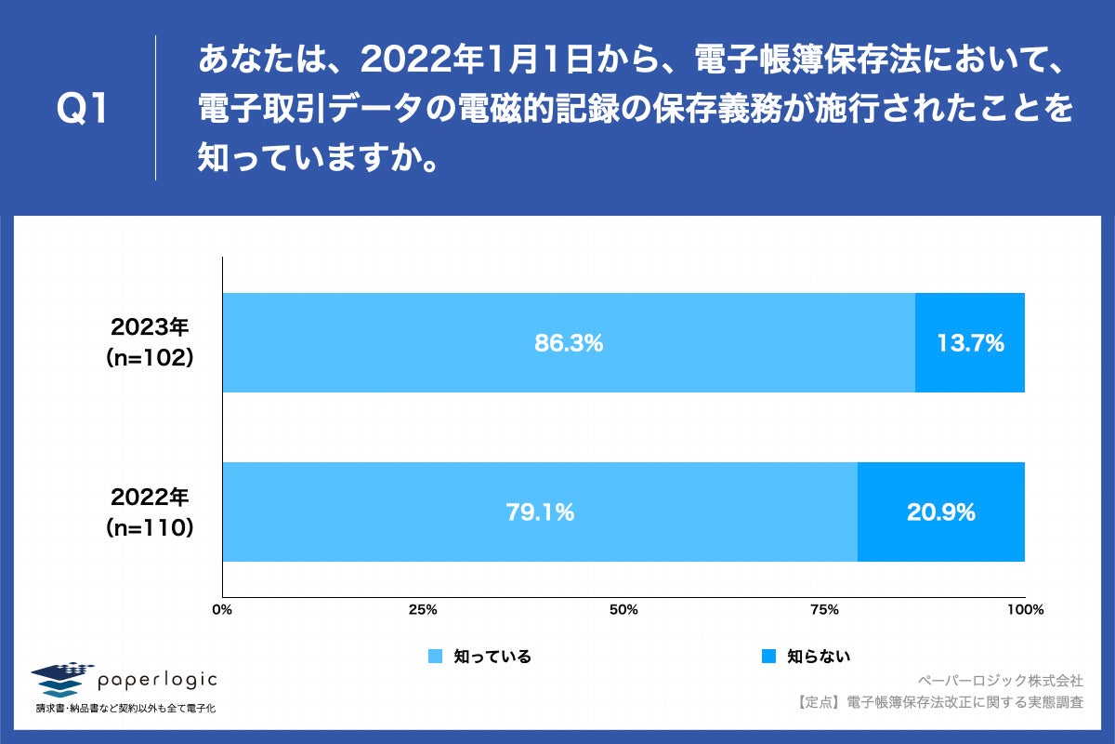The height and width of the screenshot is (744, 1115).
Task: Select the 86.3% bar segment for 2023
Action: (x=418, y=342)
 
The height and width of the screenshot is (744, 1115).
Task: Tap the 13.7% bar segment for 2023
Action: (x=970, y=342)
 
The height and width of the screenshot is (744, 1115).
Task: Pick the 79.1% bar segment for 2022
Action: (x=372, y=511)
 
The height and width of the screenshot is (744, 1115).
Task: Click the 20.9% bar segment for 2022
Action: (x=940, y=511)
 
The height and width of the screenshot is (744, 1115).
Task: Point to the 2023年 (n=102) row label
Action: (x=150, y=342)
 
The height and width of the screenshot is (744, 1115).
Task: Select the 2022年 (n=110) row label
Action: (x=150, y=511)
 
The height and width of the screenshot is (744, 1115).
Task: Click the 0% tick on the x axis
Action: (x=222, y=610)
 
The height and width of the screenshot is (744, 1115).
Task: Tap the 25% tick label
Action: (x=423, y=610)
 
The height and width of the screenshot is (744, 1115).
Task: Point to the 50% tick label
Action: (x=623, y=610)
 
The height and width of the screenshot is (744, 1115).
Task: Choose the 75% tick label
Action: (x=824, y=610)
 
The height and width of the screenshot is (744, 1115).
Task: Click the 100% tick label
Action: (x=1025, y=610)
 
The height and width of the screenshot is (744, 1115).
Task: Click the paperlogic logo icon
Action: (x=62, y=680)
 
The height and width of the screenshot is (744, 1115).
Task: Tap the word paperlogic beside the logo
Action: (x=158, y=680)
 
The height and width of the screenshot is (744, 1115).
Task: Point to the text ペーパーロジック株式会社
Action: (x=1000, y=680)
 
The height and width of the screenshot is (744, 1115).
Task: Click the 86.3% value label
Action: (x=569, y=343)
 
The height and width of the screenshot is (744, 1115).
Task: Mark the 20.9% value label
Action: (x=940, y=511)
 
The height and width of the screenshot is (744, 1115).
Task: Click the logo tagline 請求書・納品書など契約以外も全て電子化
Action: (x=126, y=710)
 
